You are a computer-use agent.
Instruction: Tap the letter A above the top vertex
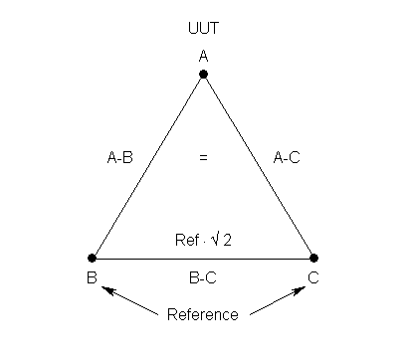coord(203,57)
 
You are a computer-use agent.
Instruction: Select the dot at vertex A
coord(203,75)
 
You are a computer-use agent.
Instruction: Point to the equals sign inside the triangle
coord(203,157)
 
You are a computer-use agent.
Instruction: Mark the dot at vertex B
coord(93,259)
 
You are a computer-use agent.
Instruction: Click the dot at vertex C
coord(313,259)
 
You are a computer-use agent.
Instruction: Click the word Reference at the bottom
coord(203,314)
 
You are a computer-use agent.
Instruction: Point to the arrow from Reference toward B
coord(129,300)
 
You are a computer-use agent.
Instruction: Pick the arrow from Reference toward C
coord(276,300)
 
